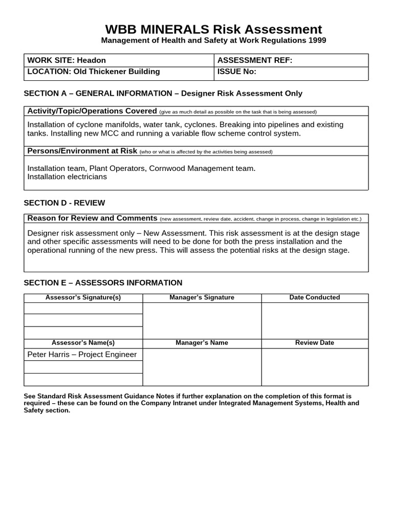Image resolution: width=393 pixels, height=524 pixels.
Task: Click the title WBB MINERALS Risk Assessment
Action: click(213, 29)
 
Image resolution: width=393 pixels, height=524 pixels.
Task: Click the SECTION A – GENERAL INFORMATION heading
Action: click(163, 93)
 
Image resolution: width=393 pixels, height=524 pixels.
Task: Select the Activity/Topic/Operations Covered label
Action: click(92, 111)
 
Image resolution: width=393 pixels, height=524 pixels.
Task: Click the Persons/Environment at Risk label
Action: click(82, 151)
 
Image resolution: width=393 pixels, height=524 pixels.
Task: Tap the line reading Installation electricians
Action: click(67, 177)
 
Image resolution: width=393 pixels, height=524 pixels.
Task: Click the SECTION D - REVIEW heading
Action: click(64, 203)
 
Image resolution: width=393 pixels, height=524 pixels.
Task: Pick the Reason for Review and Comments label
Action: click(92, 218)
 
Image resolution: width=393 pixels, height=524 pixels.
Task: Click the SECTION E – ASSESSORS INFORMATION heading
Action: click(103, 282)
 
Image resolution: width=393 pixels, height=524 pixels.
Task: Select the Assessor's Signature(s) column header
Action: click(83, 297)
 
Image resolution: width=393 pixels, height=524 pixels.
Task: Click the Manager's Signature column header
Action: click(202, 297)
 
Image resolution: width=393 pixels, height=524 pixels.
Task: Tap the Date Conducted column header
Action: click(314, 297)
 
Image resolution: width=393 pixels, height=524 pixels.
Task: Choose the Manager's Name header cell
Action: click(202, 343)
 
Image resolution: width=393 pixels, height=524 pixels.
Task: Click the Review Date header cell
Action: click(314, 343)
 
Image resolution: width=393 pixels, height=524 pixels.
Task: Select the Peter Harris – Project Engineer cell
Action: click(82, 354)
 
